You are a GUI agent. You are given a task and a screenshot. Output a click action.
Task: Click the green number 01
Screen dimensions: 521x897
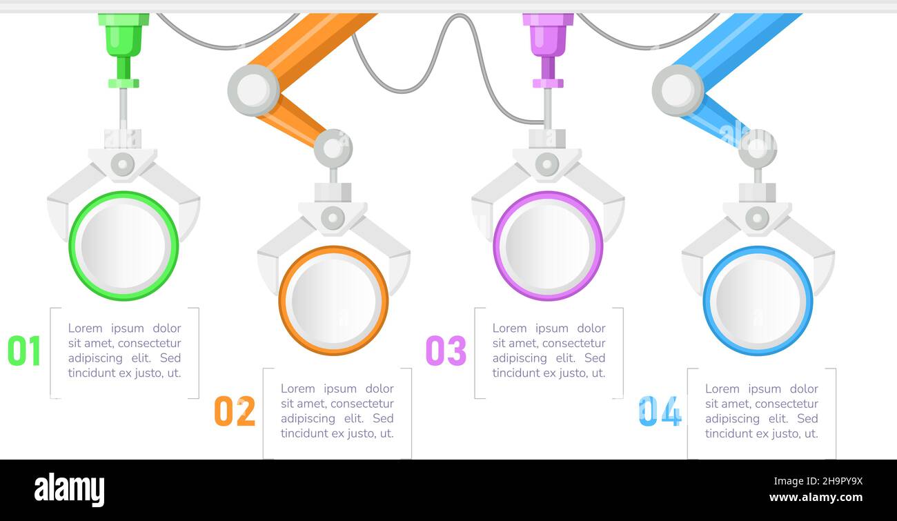24,351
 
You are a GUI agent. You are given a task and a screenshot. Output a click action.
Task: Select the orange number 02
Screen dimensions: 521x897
235,411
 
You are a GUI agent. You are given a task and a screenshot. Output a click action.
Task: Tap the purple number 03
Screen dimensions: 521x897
446,351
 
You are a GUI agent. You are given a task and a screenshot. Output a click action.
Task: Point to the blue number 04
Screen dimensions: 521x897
660,411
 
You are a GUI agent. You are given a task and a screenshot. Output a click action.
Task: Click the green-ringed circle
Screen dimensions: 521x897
124,246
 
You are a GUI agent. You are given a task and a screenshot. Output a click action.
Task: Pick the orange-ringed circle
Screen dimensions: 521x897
333,300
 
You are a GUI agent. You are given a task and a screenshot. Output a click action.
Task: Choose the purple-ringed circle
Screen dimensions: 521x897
548,246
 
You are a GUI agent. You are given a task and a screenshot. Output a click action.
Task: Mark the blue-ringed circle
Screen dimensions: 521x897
758,300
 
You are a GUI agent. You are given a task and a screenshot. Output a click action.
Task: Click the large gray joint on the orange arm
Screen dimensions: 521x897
253,90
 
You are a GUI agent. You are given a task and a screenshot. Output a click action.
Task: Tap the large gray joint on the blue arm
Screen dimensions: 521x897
678,90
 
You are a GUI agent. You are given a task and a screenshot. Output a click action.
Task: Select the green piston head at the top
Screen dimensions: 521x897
124,35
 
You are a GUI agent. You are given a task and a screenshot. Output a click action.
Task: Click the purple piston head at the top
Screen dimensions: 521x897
548,35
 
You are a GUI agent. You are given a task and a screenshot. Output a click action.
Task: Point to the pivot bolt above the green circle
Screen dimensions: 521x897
123,164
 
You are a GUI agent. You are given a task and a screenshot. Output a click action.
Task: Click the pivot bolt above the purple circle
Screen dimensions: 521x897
547,164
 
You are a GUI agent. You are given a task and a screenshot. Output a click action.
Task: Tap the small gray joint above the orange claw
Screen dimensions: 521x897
333,148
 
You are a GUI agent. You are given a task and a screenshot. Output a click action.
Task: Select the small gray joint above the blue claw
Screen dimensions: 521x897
758,148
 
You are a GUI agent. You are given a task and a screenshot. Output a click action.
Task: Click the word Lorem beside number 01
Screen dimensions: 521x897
85,328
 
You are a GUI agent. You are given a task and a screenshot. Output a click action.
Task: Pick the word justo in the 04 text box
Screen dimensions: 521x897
779,434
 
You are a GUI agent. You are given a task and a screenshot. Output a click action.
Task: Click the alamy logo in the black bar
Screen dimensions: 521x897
69,490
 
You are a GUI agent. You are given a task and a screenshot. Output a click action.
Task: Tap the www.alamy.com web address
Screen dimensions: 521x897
815,498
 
